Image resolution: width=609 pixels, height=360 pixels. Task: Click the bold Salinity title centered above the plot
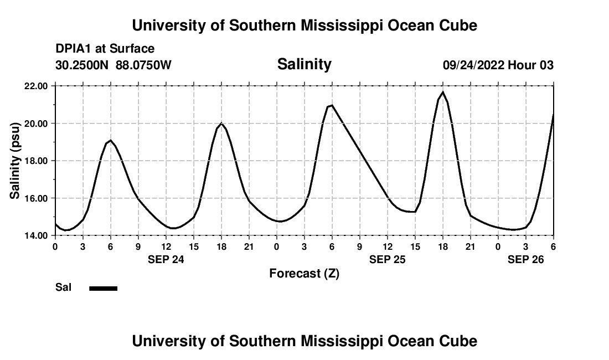[x=304, y=64]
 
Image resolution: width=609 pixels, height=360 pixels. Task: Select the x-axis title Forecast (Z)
[x=304, y=273]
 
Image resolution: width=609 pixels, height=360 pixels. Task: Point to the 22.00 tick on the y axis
[x=35, y=86]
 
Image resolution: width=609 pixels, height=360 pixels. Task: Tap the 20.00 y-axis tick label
[x=35, y=123]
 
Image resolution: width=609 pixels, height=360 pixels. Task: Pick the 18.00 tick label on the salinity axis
[x=35, y=161]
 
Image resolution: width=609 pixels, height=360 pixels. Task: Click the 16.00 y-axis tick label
[x=35, y=198]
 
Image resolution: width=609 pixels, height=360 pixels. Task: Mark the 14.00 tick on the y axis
[x=35, y=235]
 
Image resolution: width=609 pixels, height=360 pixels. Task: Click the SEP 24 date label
[x=166, y=259]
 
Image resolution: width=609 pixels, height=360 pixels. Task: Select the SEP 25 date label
[x=388, y=259]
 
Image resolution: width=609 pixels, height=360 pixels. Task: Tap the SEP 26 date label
[x=526, y=259]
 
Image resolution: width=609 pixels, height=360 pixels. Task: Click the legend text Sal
[x=63, y=287]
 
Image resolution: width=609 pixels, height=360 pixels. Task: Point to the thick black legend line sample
[x=103, y=288]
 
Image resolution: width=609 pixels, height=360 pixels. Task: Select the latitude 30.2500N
[x=82, y=65]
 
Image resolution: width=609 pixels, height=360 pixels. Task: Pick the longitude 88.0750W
[x=143, y=65]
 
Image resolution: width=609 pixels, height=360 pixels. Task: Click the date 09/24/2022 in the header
[x=473, y=65]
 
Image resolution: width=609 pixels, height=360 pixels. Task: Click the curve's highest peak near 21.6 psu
[x=443, y=92]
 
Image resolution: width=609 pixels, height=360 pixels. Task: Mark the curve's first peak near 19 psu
[x=111, y=140]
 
